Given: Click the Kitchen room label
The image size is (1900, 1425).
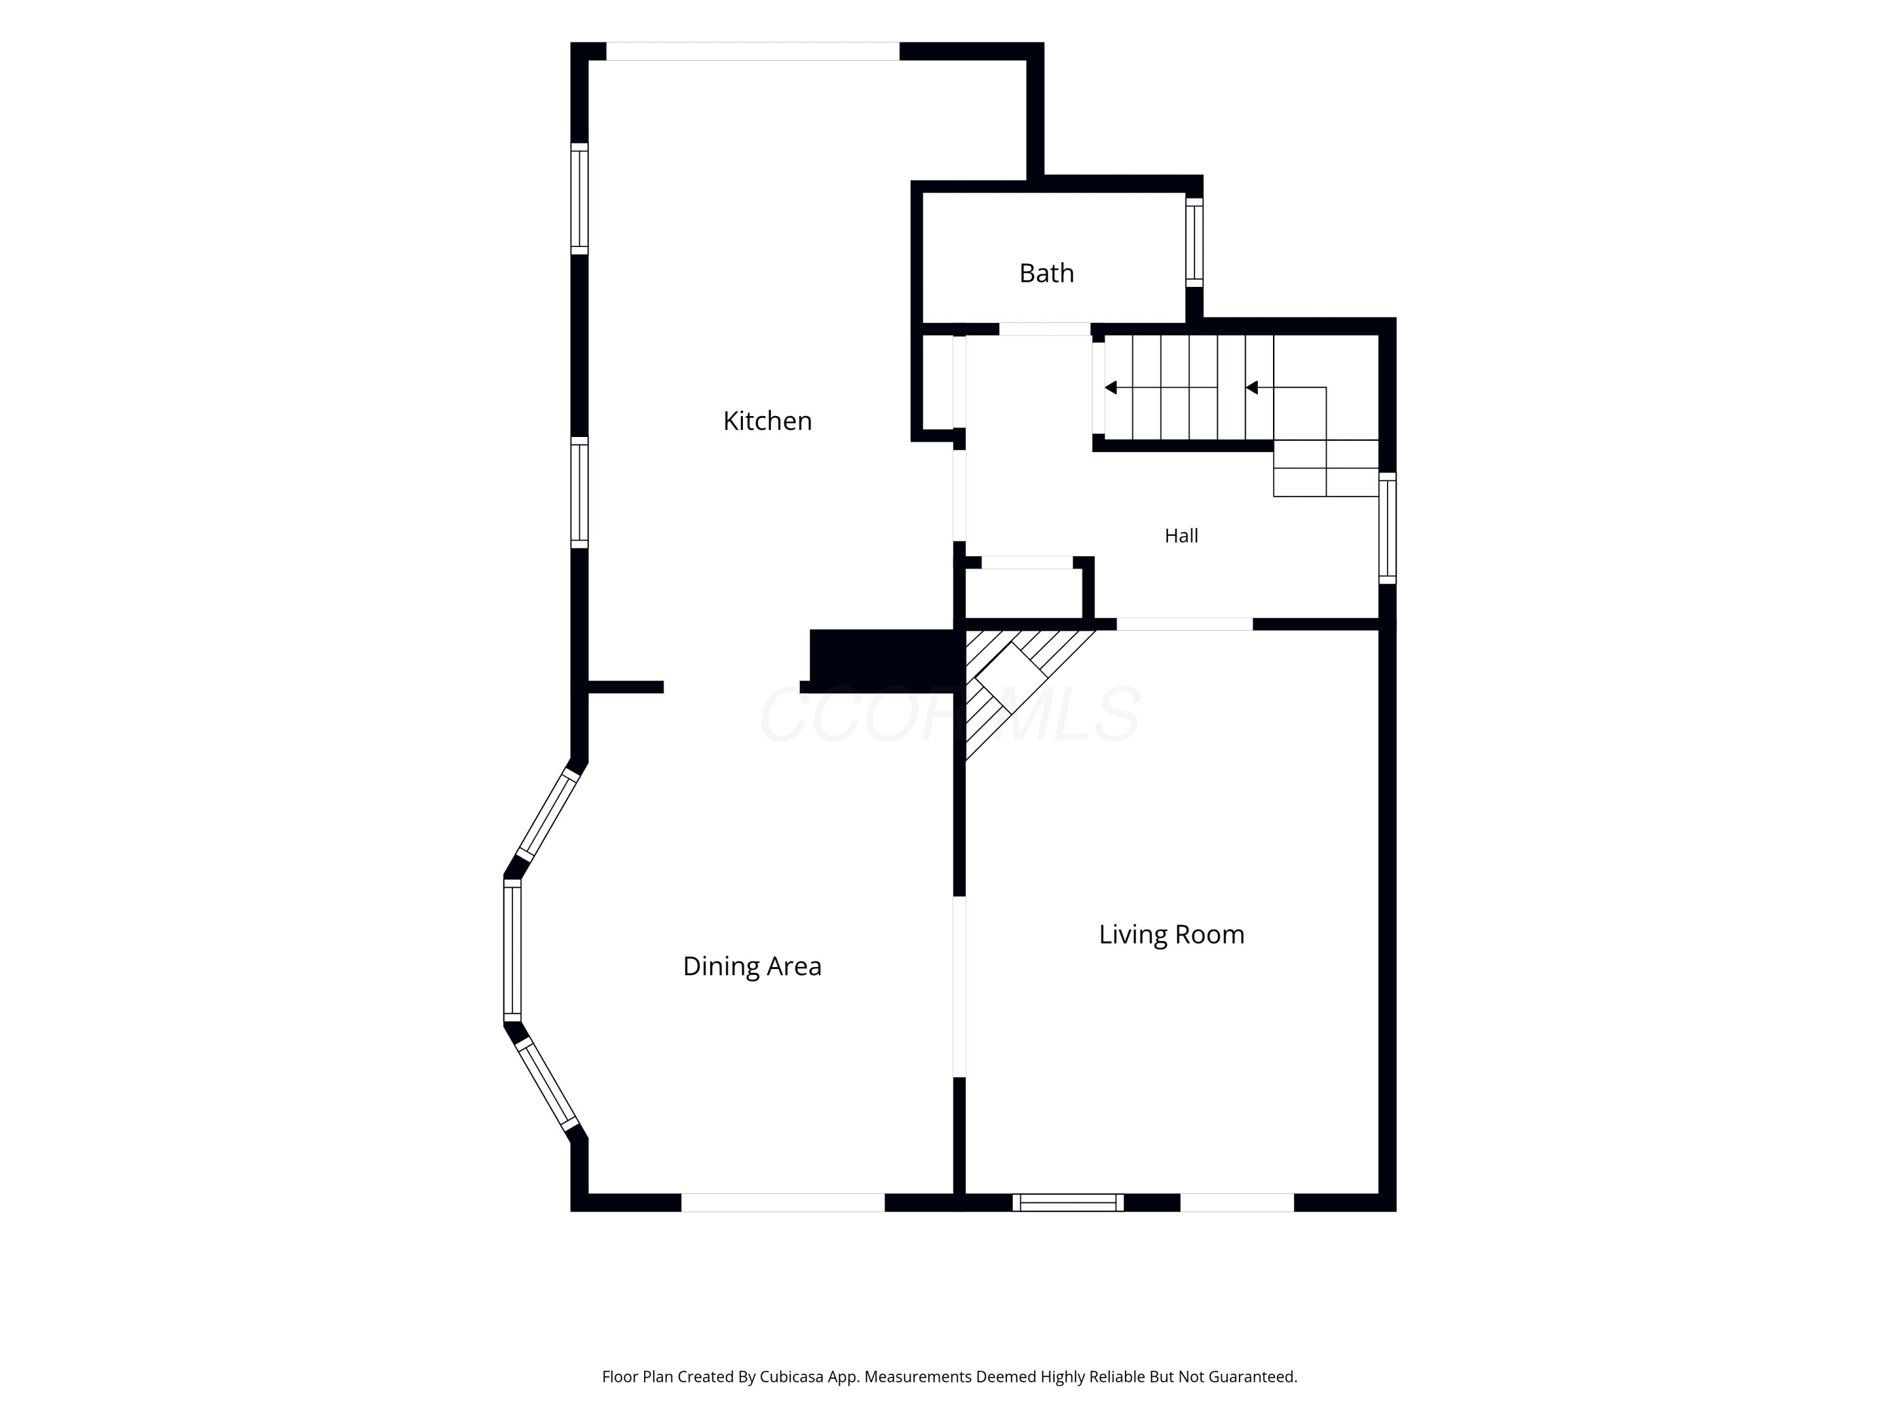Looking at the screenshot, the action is pos(767,421).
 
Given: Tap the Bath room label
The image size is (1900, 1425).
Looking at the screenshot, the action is pos(1046,273).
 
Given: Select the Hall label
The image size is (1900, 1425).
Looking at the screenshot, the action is pos(1181,536).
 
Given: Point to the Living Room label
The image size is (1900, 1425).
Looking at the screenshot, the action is pos(1172,935).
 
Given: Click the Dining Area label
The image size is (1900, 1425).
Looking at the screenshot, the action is pos(752,967).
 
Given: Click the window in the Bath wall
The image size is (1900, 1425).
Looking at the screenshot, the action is pos(1194,242).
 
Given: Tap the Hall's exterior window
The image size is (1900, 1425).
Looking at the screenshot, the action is pos(1387,528).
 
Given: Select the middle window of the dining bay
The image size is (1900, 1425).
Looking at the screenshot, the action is pos(512,950).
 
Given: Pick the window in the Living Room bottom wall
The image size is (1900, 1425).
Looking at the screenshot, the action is pos(1068,1203).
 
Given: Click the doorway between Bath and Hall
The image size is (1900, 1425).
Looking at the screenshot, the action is pos(1044,329).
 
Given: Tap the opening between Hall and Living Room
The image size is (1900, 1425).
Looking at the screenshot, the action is pos(1184,624).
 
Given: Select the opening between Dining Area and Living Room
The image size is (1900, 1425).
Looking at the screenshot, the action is pos(959,987).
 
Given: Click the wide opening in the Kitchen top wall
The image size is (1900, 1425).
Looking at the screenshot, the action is pos(752,51).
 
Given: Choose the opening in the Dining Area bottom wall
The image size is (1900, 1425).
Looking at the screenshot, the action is pos(783,1203).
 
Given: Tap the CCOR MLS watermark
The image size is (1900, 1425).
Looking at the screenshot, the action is pos(950,714).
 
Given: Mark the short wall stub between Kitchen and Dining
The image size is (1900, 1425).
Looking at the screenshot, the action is pos(625,687).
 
